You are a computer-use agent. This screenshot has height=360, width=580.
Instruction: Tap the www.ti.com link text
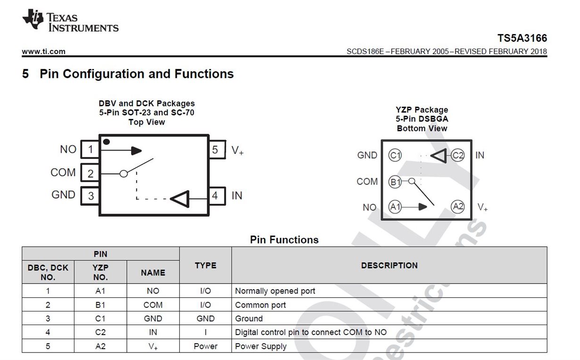[x=43, y=51]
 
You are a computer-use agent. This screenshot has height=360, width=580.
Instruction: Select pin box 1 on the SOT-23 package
[x=90, y=150]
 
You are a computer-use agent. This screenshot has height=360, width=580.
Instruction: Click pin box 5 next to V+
[x=215, y=150]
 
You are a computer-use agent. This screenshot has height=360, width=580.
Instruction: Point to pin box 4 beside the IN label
[x=215, y=195]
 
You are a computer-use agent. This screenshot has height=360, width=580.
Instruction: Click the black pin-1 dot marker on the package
[x=107, y=142]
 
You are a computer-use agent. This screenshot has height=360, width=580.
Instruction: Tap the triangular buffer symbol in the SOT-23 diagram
[x=180, y=199]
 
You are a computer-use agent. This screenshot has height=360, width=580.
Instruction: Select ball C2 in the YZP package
[x=457, y=155]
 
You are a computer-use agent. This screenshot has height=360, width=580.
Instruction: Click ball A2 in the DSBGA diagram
[x=457, y=206]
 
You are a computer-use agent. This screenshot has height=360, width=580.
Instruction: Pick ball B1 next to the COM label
[x=395, y=181]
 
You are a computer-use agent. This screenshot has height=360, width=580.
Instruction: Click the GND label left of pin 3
[x=63, y=195]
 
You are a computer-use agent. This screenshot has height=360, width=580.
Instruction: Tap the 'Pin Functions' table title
[x=284, y=240]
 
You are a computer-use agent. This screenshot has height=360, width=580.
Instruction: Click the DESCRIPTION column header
[x=389, y=265]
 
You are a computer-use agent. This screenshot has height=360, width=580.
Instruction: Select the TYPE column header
[x=205, y=265]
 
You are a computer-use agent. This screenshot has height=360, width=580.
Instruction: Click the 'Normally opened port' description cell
[x=275, y=291]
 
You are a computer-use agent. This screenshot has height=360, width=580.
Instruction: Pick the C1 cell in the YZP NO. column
[x=100, y=318]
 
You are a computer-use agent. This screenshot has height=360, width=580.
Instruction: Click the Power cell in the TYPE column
[x=205, y=346]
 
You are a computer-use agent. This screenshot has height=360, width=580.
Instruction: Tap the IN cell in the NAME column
[x=153, y=332]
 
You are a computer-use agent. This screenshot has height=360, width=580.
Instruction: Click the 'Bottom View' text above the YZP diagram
[x=422, y=128]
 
